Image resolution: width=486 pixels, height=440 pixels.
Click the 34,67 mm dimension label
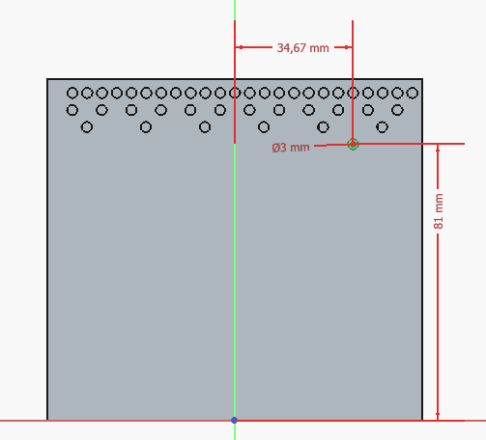tap(302, 48)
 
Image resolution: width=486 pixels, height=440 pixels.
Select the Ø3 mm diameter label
tap(291, 148)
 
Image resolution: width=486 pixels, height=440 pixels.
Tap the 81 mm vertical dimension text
tap(439, 211)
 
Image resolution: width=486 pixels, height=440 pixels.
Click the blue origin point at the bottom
tap(234, 420)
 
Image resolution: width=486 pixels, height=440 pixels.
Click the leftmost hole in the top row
tap(72, 93)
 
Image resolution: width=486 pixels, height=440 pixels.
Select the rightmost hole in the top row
tap(413, 93)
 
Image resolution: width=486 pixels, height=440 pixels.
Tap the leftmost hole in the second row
tap(72, 110)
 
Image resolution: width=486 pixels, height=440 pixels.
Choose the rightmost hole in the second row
tap(397, 110)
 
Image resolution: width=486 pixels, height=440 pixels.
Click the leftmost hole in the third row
tap(87, 127)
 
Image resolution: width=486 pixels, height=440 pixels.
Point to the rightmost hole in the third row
tap(382, 127)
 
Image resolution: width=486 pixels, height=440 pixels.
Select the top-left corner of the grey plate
tap(47, 79)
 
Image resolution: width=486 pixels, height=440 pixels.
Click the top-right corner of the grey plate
tap(422, 79)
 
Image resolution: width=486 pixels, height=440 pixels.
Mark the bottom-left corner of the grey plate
tap(47, 420)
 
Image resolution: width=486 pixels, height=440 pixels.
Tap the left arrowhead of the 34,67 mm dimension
tap(239, 47)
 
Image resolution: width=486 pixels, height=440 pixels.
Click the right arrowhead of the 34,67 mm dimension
tap(348, 47)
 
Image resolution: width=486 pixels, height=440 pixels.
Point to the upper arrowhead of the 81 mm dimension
tap(438, 149)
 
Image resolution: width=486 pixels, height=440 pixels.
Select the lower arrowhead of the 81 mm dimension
tap(438, 416)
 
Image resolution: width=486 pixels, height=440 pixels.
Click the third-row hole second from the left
tap(146, 127)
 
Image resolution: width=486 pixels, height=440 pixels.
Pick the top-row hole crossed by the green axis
tap(235, 93)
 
